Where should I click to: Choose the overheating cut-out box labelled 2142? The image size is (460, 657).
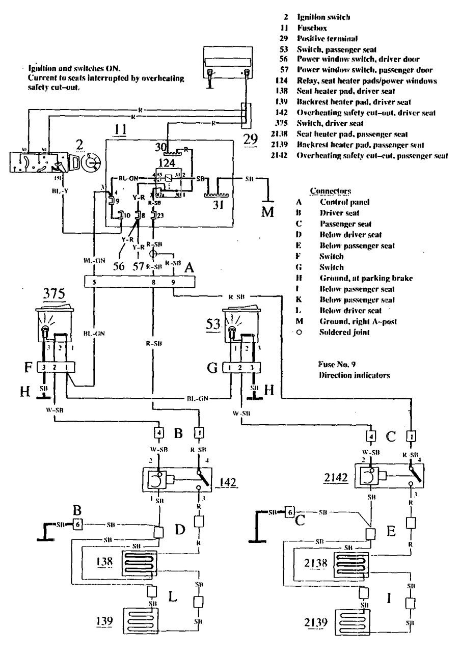(389, 479)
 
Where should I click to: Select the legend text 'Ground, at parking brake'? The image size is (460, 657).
(355, 278)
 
